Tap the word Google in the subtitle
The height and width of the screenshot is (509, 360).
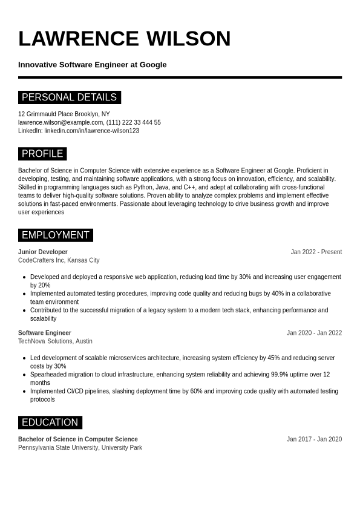coord(153,65)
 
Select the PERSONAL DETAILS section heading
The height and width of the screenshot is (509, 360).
coord(69,97)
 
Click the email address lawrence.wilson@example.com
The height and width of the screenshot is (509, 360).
coord(61,122)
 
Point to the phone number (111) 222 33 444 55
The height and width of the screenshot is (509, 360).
coord(134,122)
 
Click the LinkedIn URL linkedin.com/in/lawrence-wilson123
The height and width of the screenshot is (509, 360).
coord(91,131)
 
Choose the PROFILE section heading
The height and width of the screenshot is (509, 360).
coord(42,154)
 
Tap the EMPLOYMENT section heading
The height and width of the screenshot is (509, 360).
coord(55,235)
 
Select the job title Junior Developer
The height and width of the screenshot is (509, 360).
coord(43,252)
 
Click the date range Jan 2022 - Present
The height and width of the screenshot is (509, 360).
coord(316,252)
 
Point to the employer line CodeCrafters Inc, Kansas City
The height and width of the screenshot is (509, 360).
coord(59,260)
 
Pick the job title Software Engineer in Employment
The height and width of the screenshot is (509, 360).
coord(45,333)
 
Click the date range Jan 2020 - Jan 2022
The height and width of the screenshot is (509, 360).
coord(314,333)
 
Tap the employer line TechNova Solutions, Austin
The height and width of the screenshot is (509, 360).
coord(55,341)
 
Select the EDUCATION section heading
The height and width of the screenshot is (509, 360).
coord(50,422)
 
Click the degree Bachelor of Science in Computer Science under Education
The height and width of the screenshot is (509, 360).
coord(78,439)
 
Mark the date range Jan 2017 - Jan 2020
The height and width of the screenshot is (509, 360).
coord(314,439)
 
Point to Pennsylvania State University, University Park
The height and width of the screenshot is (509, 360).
coord(80,448)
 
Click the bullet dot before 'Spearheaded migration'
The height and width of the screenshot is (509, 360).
coord(25,375)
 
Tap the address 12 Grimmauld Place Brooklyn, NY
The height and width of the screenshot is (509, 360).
coord(64,114)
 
